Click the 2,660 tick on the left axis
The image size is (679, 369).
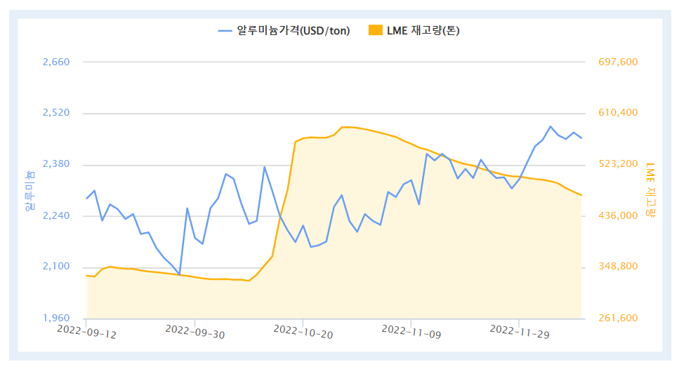point(56,62)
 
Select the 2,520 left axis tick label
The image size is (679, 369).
point(56,113)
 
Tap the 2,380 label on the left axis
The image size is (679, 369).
point(56,164)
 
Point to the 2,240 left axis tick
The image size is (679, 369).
point(56,215)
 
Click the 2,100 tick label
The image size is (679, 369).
point(56,267)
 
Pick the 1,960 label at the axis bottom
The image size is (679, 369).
point(56,318)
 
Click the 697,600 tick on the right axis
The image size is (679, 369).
point(618,62)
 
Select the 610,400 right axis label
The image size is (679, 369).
point(618,113)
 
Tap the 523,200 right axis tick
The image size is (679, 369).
point(618,164)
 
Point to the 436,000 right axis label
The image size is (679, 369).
point(618,215)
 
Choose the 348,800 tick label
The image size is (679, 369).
point(618,267)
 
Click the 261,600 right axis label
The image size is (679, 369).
point(618,318)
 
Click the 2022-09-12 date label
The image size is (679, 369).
point(87,331)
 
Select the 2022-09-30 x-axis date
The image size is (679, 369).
point(195,331)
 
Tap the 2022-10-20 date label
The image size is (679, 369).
point(303,331)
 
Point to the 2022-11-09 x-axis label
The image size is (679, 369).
point(411,331)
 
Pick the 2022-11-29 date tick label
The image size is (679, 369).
point(520,331)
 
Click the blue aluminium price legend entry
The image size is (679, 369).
point(284,30)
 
